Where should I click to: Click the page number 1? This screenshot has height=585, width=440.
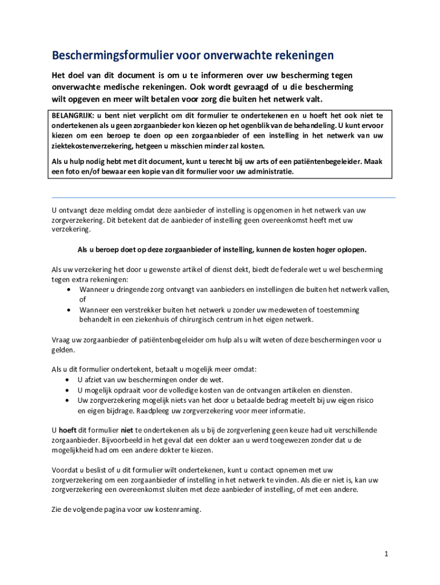387,554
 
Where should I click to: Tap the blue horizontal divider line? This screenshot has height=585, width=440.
223,198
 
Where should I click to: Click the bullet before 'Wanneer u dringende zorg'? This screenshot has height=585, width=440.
68,290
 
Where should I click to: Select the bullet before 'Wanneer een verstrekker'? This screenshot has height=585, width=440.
68,310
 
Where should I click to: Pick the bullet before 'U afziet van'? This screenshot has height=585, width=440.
68,380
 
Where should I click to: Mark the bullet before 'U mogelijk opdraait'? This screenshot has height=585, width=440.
68,390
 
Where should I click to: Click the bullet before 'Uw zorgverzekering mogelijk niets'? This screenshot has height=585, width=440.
68,400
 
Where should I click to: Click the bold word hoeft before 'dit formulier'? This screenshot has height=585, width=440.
67,430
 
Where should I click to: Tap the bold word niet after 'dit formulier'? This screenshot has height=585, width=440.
127,430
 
